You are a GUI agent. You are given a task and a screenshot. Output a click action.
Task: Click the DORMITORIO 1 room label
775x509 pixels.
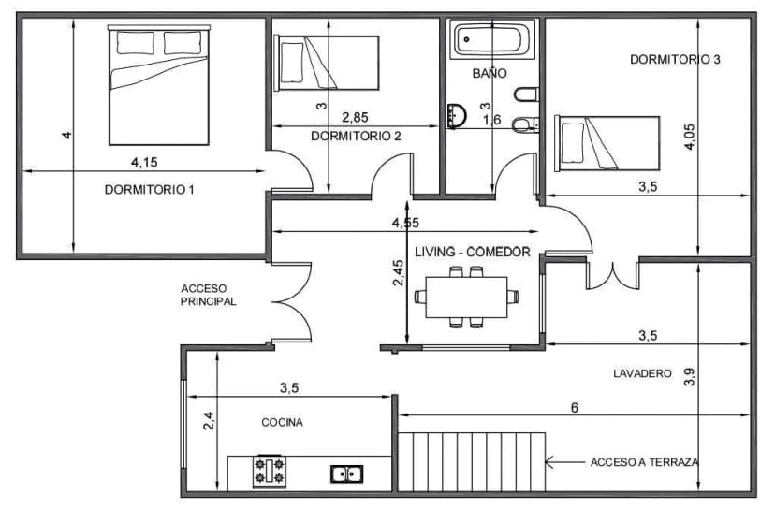tap(149, 189)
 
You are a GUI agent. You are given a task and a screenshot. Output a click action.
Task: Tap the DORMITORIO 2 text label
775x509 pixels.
tap(356, 136)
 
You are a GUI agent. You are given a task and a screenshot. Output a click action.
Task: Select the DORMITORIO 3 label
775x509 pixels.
tap(675, 59)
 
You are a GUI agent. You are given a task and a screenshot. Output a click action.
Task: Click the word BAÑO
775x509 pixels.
tap(490, 72)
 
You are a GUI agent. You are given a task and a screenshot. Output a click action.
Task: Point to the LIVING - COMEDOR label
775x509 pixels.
tap(473, 252)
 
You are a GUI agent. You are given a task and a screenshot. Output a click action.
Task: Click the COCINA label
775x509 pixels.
tap(282, 422)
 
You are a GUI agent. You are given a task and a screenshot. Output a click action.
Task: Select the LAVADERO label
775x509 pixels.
tap(642, 373)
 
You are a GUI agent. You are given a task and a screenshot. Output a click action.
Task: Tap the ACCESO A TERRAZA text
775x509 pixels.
tap(644, 462)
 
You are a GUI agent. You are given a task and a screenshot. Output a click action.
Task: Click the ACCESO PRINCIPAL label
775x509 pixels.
tap(208, 295)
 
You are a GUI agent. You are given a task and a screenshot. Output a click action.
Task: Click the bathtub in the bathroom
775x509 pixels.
tap(492, 41)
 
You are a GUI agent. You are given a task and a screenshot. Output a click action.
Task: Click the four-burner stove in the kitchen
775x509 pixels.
tap(271, 471)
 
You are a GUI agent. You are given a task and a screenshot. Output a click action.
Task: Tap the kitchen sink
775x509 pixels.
tap(346, 473)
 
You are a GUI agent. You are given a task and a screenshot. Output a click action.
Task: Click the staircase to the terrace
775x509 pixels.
tap(472, 460)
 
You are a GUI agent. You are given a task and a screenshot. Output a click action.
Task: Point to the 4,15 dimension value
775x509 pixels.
tap(144, 162)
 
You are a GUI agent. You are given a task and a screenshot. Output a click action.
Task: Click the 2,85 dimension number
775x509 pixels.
tap(355, 117)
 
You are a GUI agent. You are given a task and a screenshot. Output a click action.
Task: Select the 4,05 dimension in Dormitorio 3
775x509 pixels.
tap(690, 136)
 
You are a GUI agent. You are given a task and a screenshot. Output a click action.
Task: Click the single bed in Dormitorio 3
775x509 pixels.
tap(607, 143)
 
